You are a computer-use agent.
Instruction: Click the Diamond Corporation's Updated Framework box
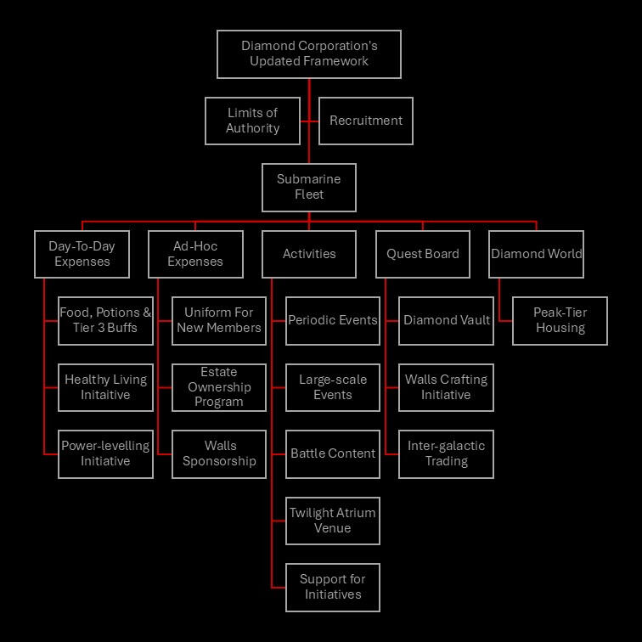click(309, 54)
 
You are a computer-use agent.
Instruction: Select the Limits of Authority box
click(252, 121)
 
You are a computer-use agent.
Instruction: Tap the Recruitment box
click(366, 121)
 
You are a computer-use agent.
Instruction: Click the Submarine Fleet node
click(309, 187)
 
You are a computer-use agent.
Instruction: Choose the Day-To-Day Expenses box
click(82, 254)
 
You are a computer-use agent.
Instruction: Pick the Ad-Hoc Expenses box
click(195, 254)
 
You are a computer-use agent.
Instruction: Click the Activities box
click(309, 254)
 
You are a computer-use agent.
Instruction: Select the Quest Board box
click(423, 254)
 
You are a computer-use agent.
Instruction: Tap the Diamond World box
click(537, 254)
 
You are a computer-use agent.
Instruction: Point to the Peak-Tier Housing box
click(560, 320)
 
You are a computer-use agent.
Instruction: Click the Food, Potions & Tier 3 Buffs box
click(106, 320)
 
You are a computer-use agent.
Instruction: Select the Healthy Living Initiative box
click(106, 387)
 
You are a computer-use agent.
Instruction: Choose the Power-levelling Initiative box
click(106, 453)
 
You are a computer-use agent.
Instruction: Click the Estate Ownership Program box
click(219, 387)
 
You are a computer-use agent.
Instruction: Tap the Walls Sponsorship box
click(219, 453)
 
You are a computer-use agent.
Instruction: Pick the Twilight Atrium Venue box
click(333, 521)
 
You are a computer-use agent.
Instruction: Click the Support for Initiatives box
click(333, 587)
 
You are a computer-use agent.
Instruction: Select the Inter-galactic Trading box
click(447, 453)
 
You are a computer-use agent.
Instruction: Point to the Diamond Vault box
click(447, 320)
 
